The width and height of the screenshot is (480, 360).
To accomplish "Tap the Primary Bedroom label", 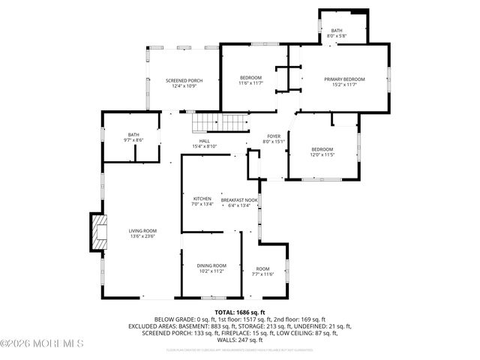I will click(x=344, y=79).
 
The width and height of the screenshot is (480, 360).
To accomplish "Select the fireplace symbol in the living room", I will click(x=99, y=232).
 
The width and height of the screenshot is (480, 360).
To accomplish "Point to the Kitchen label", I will click(x=192, y=199).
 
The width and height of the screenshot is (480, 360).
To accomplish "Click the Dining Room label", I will click(x=211, y=265).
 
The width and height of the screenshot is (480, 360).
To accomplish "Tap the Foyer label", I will click(x=274, y=136).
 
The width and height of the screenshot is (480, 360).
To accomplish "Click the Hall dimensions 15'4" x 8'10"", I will click(x=204, y=146).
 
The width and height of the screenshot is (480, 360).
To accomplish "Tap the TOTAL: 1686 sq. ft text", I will click(x=240, y=312).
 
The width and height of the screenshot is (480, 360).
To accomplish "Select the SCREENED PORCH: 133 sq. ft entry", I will click(x=176, y=333).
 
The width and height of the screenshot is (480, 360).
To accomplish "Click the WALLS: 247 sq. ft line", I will click(x=240, y=340).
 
